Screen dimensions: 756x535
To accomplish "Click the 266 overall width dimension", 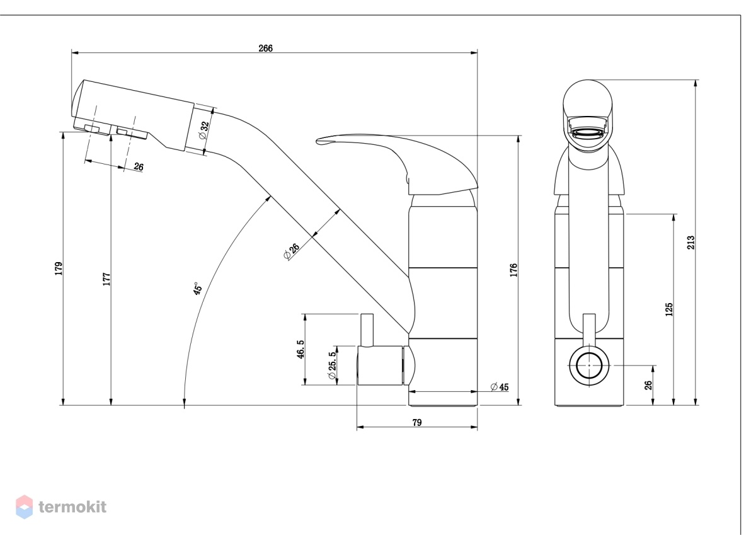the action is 265,49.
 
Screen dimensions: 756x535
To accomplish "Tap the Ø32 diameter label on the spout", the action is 204,130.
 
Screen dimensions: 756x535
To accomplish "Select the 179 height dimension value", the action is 59,268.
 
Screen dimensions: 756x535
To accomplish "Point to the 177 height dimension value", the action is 106,279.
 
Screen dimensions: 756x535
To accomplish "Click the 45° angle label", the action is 197,289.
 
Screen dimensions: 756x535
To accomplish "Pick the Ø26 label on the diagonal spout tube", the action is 292,251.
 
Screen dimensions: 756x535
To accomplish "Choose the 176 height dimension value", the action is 513,270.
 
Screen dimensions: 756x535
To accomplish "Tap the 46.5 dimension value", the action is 301,349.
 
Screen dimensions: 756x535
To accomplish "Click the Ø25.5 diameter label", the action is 332,365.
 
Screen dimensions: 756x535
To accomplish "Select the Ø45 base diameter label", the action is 500,386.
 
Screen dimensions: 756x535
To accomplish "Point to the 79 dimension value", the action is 417,422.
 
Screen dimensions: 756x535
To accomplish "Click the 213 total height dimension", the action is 691,243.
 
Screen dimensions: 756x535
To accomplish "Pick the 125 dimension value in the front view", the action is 669,309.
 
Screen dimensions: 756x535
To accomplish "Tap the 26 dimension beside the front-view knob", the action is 648,385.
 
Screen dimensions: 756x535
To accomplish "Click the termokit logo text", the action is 72,507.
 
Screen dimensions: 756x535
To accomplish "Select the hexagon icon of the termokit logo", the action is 25,507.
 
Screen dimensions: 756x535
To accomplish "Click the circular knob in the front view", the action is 589,365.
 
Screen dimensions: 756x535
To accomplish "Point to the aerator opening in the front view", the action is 588,132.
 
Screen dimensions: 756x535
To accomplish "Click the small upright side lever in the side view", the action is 367,330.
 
